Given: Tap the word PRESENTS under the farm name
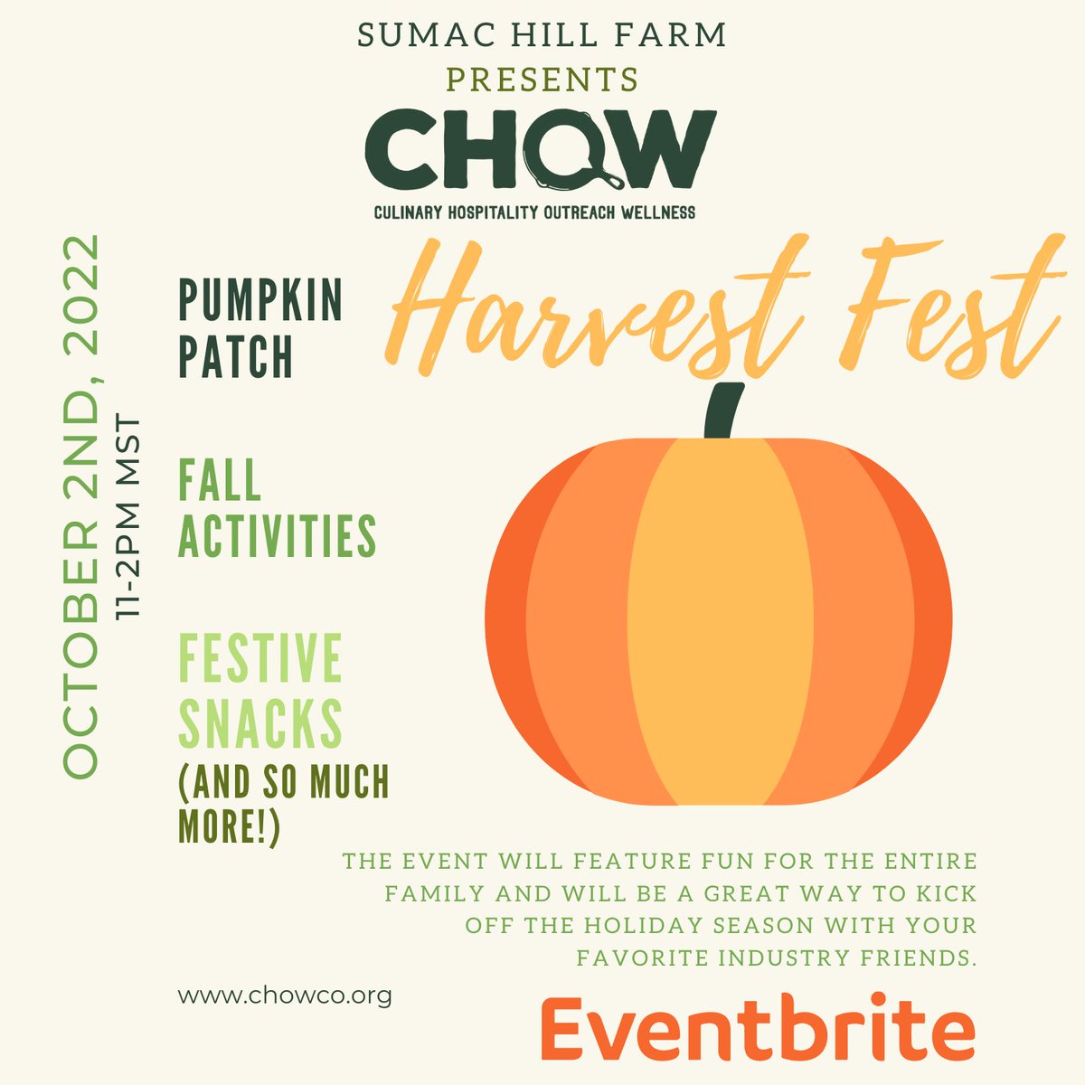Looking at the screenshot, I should pos(542,80).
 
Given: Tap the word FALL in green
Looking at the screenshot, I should pos(220,480).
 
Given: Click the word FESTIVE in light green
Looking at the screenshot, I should pos(260,660).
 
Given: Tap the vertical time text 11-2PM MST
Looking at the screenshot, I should pos(132,516).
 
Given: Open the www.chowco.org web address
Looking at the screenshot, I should pos(285,996).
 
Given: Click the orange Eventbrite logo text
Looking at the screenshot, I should pos(758,1028).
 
